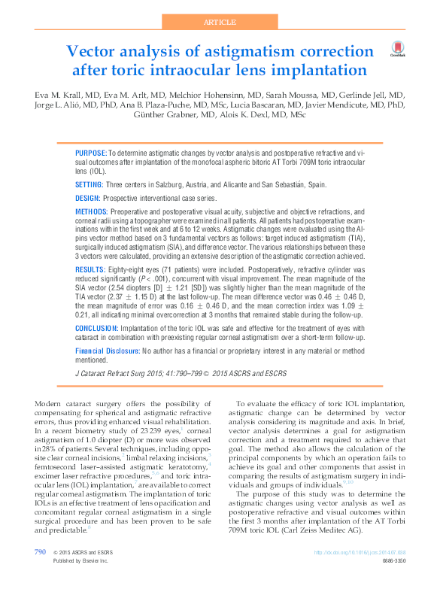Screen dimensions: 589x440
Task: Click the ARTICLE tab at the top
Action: [x=220, y=22]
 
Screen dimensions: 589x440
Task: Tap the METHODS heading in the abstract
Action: [x=92, y=213]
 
